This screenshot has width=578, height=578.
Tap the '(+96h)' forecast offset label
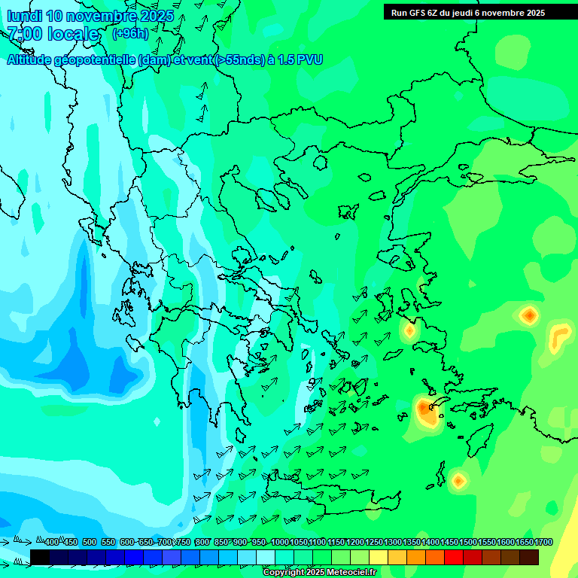[x=130, y=33]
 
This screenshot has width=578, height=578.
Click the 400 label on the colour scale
[x=52, y=542]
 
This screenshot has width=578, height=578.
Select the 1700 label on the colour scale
[x=543, y=542]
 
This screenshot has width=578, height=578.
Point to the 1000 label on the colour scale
[x=280, y=542]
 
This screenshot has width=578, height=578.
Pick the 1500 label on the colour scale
[x=468, y=542]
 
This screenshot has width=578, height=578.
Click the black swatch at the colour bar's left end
[x=40, y=557]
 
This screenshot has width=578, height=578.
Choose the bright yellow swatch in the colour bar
[x=379, y=557]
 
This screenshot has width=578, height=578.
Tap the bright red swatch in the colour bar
[x=454, y=557]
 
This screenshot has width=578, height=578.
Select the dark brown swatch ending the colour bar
[x=529, y=557]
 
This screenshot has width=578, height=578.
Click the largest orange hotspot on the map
[x=427, y=411]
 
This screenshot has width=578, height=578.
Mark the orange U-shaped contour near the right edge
[x=558, y=336]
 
